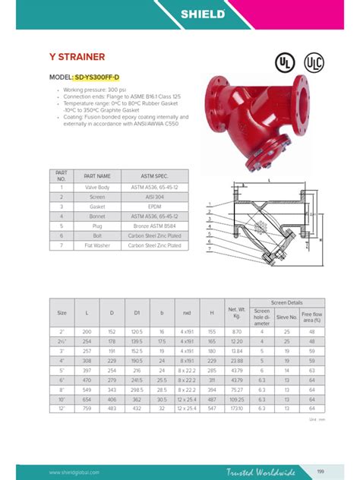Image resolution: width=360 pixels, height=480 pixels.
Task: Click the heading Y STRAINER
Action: point(77,57)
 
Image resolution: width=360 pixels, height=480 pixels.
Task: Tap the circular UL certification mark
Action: point(285,62)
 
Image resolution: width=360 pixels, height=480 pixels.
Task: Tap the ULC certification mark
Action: point(313,62)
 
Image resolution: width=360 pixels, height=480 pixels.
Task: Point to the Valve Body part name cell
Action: point(97,187)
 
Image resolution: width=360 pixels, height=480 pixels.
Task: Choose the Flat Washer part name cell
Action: point(97,246)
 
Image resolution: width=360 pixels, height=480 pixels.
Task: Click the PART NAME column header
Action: point(97,176)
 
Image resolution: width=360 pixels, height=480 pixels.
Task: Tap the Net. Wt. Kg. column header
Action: point(238,311)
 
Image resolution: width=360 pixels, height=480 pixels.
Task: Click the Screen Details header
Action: point(286,302)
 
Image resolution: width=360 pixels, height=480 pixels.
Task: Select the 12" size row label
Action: point(62,409)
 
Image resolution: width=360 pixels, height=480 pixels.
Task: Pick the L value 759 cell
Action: point(88,409)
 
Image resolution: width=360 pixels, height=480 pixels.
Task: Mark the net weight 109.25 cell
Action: point(238,399)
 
